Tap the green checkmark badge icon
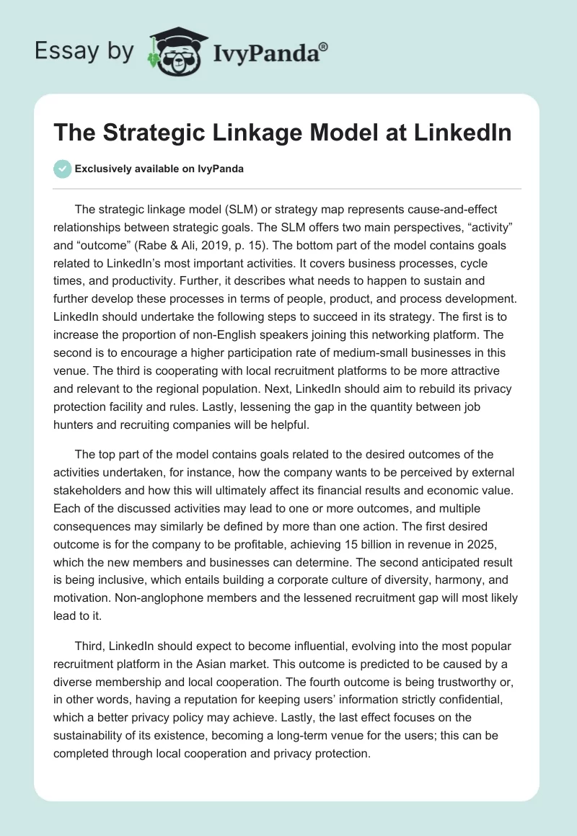(62, 169)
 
